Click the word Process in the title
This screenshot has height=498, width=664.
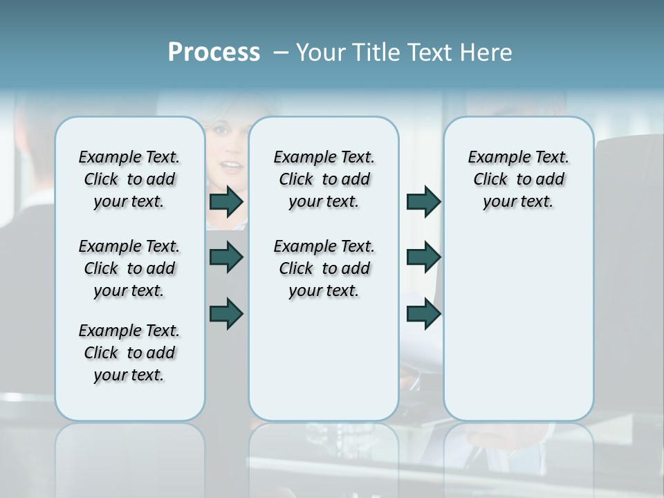click(214, 53)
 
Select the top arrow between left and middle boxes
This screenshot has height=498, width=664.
click(226, 201)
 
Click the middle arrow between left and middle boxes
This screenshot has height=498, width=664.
click(226, 257)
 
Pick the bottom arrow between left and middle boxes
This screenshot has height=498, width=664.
click(226, 313)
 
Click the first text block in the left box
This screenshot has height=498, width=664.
click(129, 179)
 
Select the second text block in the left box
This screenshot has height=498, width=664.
click(129, 268)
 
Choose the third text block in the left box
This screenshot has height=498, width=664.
click(129, 353)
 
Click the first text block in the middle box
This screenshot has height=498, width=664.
click(324, 179)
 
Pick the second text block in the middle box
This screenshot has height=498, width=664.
click(324, 268)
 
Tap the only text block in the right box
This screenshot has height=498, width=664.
click(518, 179)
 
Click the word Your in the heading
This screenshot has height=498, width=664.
click(319, 53)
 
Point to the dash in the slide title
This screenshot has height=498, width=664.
click(281, 53)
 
